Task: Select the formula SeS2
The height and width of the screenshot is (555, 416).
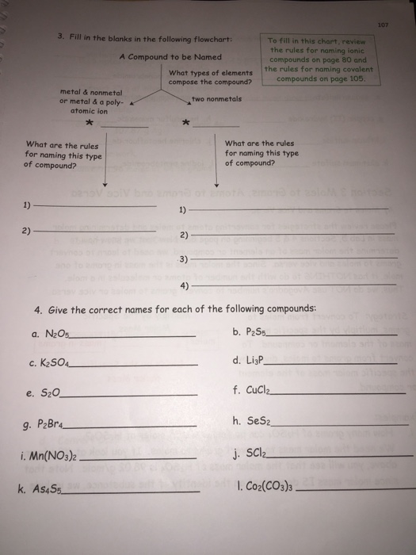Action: pos(256,422)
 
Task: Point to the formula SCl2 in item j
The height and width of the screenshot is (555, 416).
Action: pos(255,454)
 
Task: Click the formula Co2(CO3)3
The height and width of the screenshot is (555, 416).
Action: pos(268,485)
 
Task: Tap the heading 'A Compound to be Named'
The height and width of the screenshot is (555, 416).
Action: pos(170,57)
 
